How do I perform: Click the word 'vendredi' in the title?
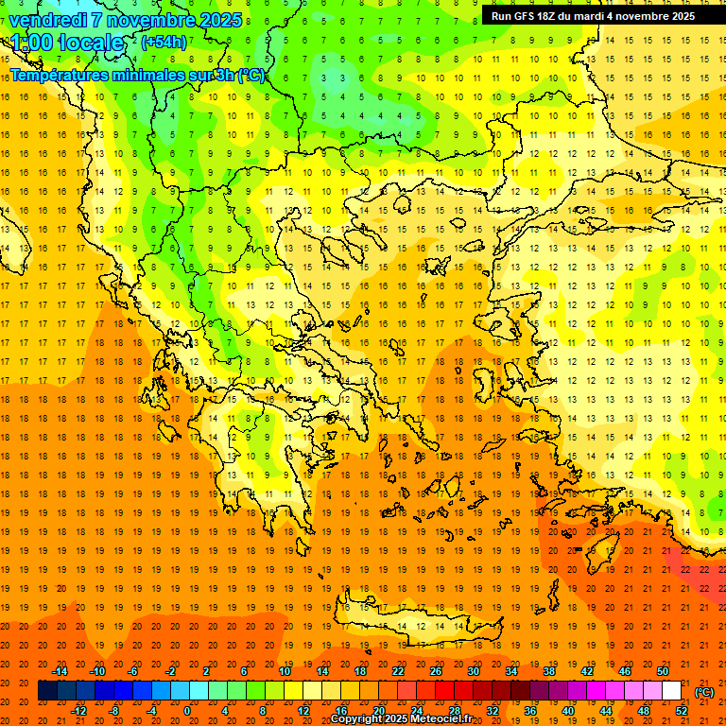(x=48, y=20)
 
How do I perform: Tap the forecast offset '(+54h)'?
(x=164, y=42)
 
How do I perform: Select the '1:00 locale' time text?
(x=67, y=43)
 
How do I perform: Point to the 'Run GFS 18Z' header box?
(x=592, y=16)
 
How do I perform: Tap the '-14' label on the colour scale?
(x=60, y=671)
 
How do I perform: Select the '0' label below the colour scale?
(x=186, y=711)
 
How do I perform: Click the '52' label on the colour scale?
(x=682, y=711)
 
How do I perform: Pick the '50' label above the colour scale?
(x=662, y=671)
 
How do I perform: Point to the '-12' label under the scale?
(x=79, y=711)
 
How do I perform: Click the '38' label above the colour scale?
(x=548, y=671)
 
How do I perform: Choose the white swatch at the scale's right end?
(x=671, y=691)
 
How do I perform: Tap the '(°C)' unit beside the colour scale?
(x=704, y=692)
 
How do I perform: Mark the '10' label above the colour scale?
(x=284, y=671)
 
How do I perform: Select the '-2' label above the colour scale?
(x=170, y=671)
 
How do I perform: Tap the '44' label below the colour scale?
(x=606, y=711)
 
